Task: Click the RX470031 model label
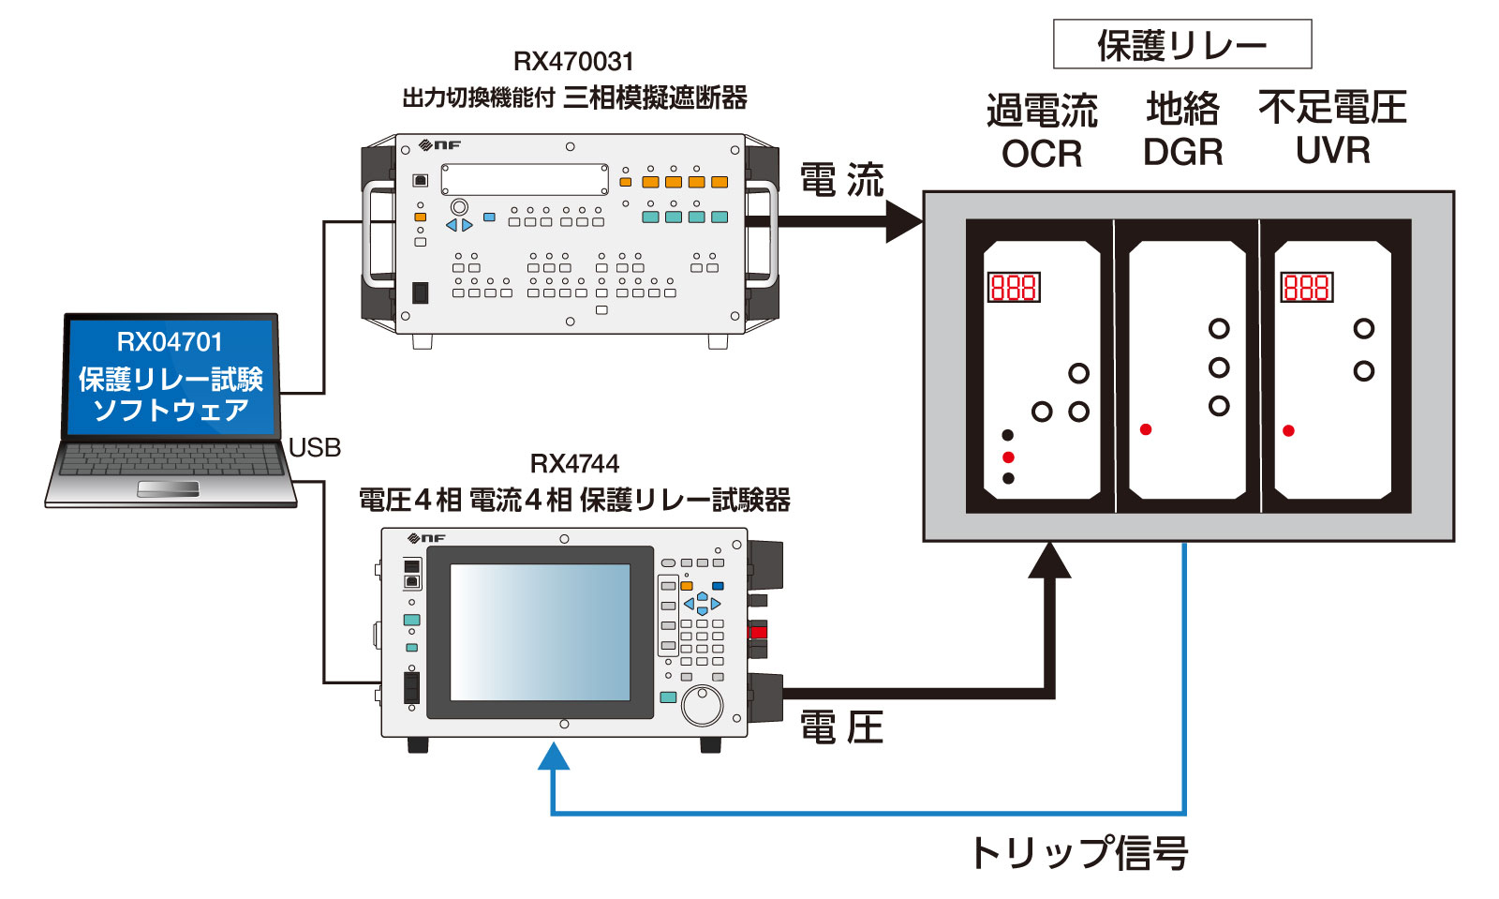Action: coord(573,62)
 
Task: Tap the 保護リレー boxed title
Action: coord(1181,45)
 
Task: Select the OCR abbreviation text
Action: coord(1042,154)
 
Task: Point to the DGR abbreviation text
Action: coord(1182,152)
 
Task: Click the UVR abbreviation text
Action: coord(1332,150)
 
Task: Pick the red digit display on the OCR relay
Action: coord(1014,287)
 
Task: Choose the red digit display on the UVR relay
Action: coord(1306,287)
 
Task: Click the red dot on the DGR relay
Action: coord(1146,429)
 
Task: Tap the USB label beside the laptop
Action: coord(315,448)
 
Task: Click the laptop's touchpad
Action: coord(168,488)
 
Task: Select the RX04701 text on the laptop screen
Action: coord(170,342)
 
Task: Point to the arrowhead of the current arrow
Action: coord(904,221)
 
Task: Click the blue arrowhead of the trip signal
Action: coord(554,756)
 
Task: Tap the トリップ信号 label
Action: coord(1079,853)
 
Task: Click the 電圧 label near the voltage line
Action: coord(841,727)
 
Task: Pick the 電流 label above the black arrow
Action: coord(841,180)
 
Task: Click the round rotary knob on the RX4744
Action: coord(702,704)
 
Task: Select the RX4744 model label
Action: coord(574,464)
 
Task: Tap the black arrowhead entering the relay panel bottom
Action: coord(1049,561)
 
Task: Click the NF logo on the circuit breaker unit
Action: coord(439,145)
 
